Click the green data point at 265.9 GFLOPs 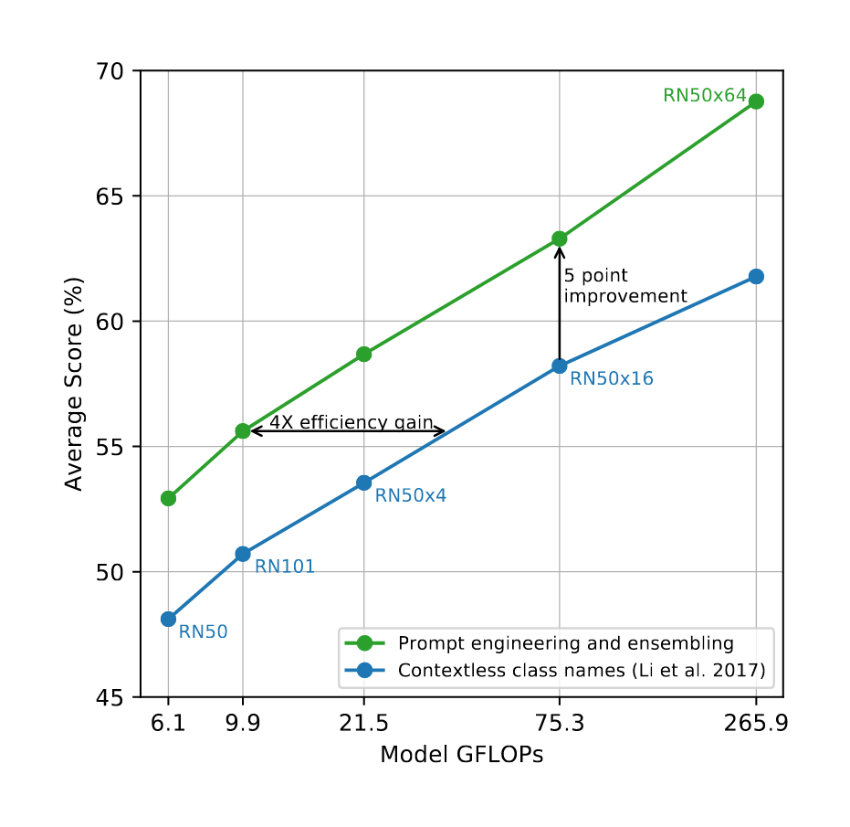click(756, 101)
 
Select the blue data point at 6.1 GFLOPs click(168, 619)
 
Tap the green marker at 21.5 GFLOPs click(364, 354)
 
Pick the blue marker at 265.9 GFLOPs click(756, 276)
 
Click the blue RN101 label click(285, 567)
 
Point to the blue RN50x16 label click(612, 378)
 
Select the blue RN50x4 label click(411, 495)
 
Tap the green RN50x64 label click(705, 96)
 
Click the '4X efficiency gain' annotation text click(351, 421)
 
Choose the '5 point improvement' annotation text click(624, 285)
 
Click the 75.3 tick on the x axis click(560, 724)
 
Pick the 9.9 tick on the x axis click(243, 724)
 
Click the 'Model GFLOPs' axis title click(462, 756)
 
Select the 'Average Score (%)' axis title click(74, 384)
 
